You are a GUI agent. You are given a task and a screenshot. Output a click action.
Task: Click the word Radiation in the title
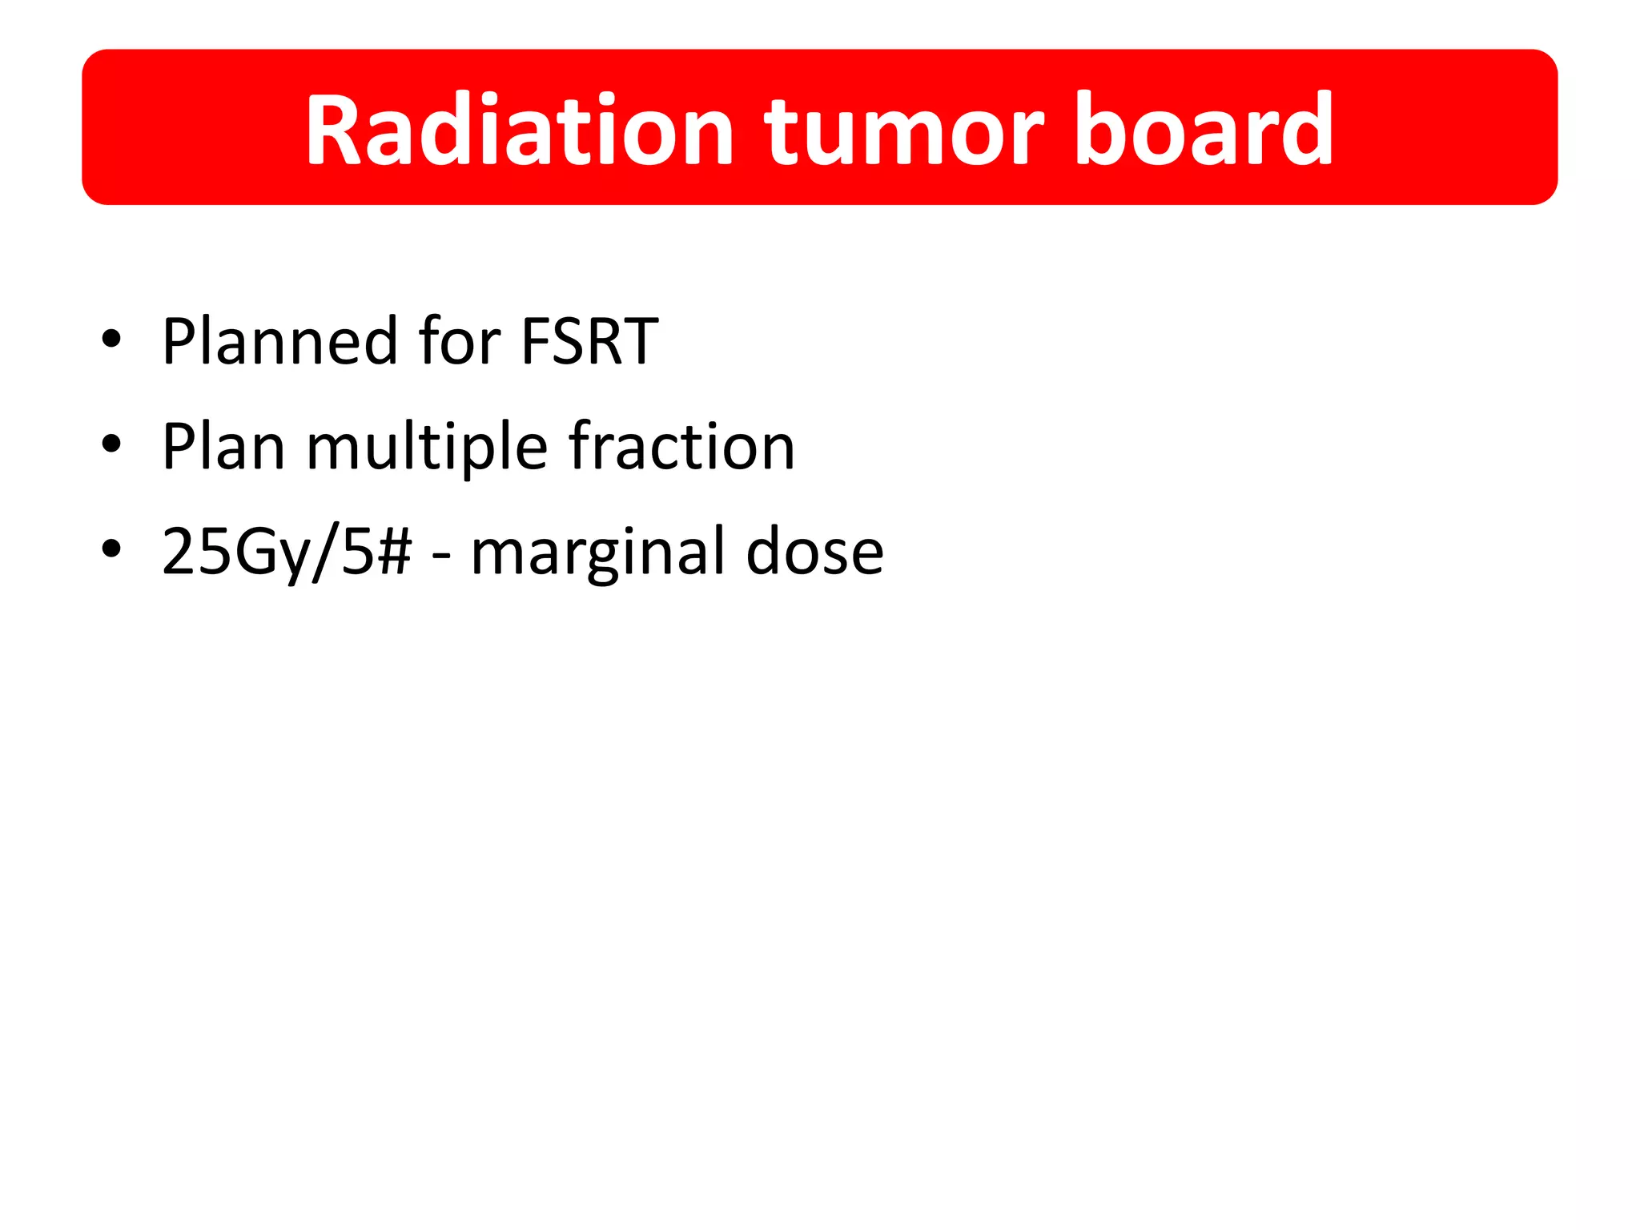coord(519,130)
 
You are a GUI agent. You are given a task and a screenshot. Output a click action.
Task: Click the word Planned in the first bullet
coord(279,343)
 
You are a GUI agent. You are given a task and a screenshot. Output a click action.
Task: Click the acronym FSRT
coord(589,341)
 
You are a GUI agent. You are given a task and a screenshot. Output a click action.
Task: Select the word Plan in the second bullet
coord(223,447)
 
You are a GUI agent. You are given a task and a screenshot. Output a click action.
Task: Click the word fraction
coord(681,446)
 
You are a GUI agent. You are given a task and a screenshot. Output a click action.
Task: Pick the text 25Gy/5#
coord(287,553)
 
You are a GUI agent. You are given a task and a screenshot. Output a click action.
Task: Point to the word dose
coord(814,552)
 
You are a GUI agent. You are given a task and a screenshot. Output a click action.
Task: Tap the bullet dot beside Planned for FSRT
coord(111,339)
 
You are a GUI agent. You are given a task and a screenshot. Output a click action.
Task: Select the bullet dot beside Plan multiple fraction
coord(111,444)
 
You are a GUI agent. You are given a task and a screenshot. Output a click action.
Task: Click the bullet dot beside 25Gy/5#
coord(111,549)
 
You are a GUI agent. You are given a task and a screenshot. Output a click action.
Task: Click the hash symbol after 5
coord(395,552)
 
